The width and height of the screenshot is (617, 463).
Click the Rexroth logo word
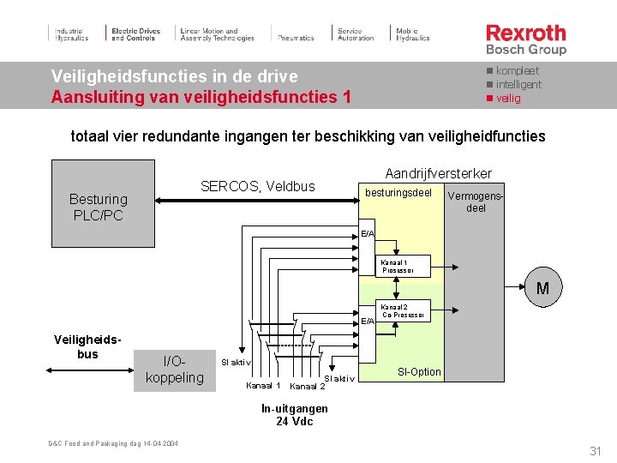point(526,33)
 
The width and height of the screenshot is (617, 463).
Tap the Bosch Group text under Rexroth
point(526,50)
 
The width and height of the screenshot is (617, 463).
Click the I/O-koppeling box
point(175,370)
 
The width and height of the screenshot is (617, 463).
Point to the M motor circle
point(542,289)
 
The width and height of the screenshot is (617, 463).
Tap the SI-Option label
point(420,372)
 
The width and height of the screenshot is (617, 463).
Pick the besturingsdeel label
point(398,193)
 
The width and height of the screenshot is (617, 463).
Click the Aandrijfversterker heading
point(438,173)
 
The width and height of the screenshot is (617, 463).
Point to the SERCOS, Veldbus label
point(257,186)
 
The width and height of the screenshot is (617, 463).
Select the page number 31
point(595,451)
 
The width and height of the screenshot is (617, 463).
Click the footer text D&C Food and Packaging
point(112,443)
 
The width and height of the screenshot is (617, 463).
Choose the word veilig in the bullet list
point(508,98)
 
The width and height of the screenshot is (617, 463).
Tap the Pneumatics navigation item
point(296,38)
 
